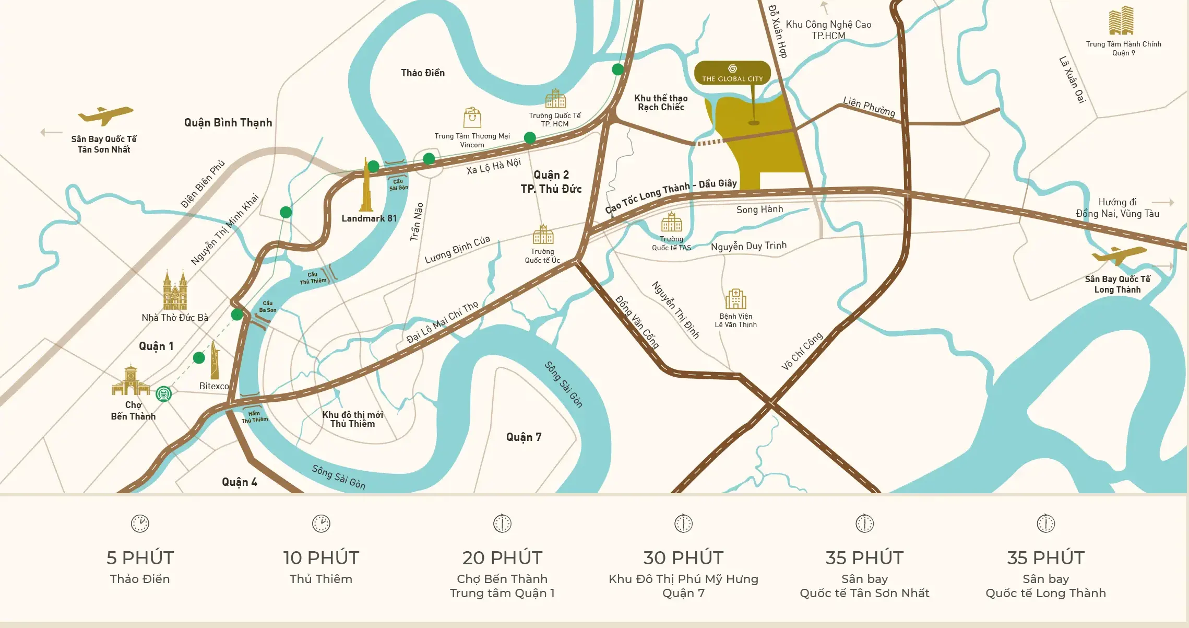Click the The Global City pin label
(732, 73)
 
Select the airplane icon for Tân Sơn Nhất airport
(105, 115)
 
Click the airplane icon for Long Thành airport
(1119, 255)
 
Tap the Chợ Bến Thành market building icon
(130, 381)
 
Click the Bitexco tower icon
(215, 360)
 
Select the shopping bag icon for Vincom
(472, 118)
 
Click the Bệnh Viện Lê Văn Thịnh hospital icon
(735, 299)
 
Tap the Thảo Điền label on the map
(423, 73)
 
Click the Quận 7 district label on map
(524, 437)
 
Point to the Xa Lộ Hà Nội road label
(493, 166)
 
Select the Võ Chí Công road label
(802, 351)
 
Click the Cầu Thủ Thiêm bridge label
(313, 278)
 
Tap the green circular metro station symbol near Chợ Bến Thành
(164, 394)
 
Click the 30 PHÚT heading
(683, 558)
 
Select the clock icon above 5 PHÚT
(140, 524)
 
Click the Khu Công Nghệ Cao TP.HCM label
(828, 30)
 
